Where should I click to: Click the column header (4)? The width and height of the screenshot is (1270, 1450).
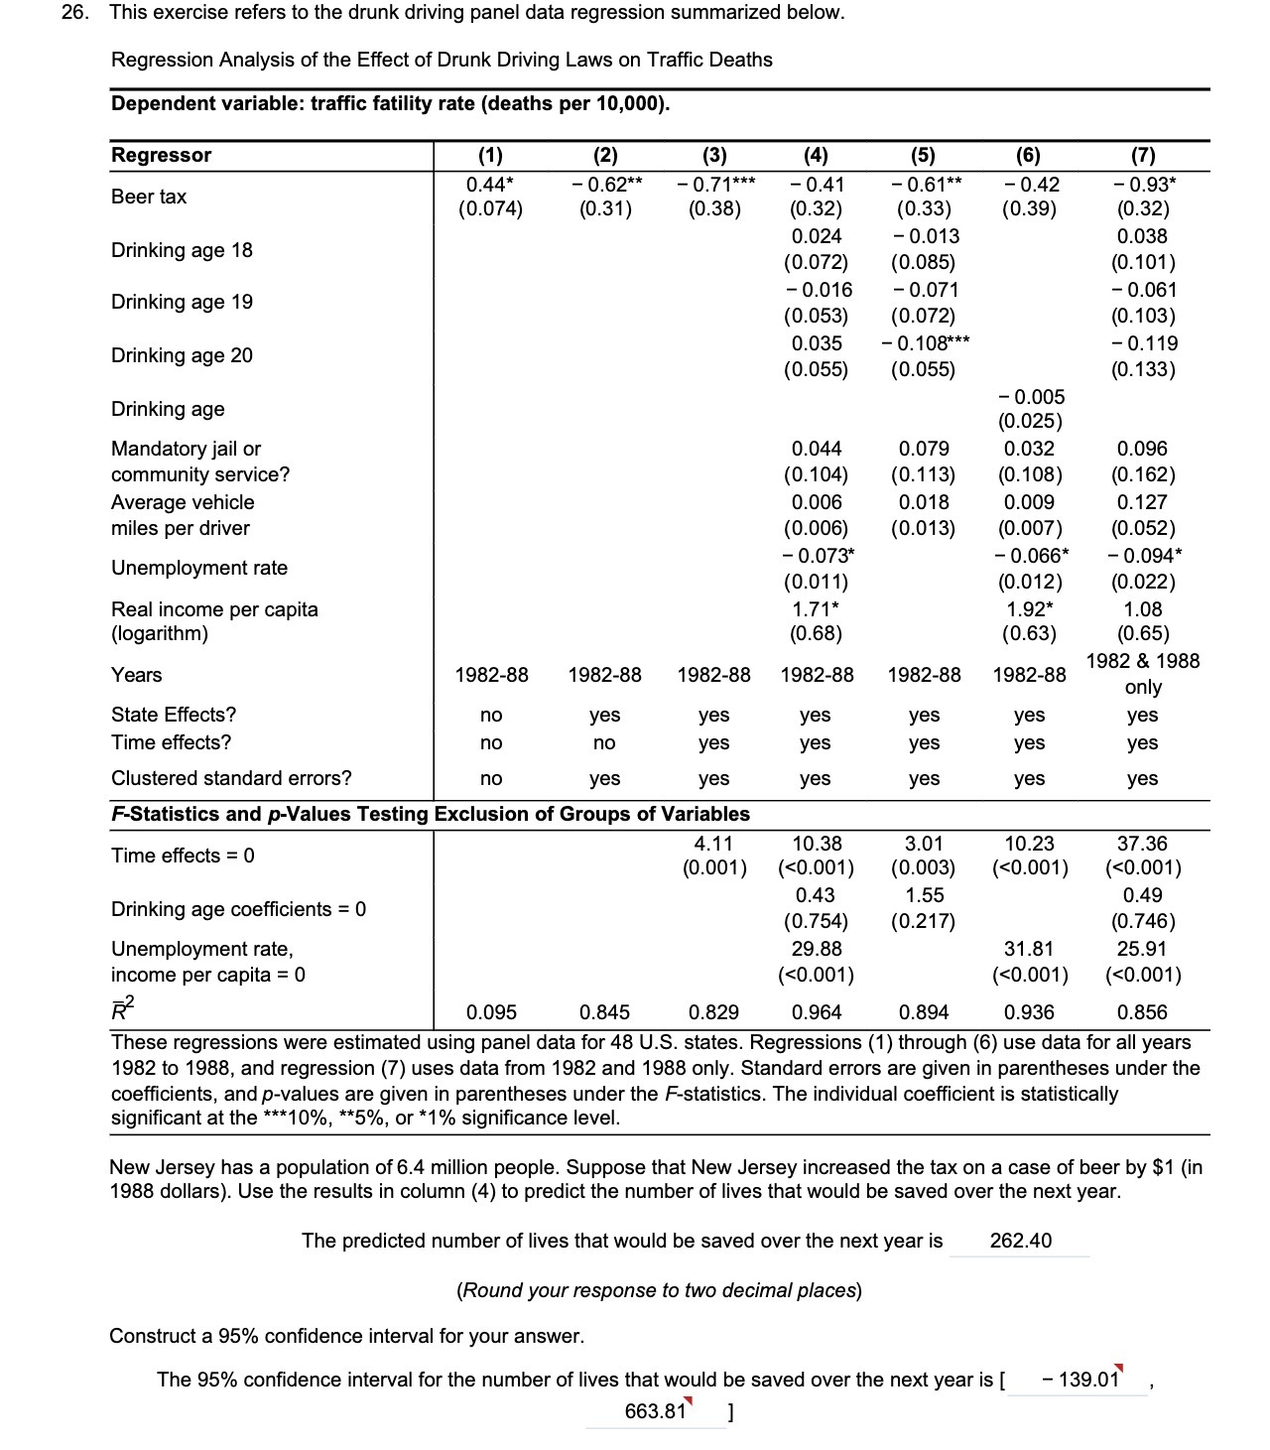click(816, 155)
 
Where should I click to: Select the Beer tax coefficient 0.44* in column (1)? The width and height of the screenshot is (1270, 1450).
click(490, 184)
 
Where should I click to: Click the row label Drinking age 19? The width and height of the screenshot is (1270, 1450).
click(182, 302)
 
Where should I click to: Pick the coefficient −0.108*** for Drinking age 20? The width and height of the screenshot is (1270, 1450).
click(924, 343)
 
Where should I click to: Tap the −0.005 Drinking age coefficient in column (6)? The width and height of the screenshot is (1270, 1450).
click(1029, 397)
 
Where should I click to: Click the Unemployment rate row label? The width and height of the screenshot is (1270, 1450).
click(198, 568)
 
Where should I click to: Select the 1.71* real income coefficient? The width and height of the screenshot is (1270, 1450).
click(816, 608)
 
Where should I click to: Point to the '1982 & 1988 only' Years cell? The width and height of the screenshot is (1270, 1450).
click(1142, 674)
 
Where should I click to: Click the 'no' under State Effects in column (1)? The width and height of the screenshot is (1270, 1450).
click(490, 715)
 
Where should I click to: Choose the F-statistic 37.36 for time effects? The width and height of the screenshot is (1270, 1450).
click(1142, 844)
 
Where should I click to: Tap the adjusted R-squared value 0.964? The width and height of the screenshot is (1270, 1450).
click(816, 1012)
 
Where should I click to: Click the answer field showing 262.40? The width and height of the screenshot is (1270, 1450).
click(1020, 1241)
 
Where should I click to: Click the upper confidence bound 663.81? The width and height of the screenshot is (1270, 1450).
click(655, 1411)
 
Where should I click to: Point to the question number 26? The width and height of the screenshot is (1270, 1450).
click(74, 13)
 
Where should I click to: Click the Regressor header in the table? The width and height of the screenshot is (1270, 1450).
click(161, 155)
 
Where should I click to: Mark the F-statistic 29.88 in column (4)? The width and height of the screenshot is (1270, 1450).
click(816, 949)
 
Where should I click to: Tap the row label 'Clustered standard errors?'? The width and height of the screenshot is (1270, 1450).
click(230, 778)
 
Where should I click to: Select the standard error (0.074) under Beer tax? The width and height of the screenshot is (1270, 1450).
click(490, 209)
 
